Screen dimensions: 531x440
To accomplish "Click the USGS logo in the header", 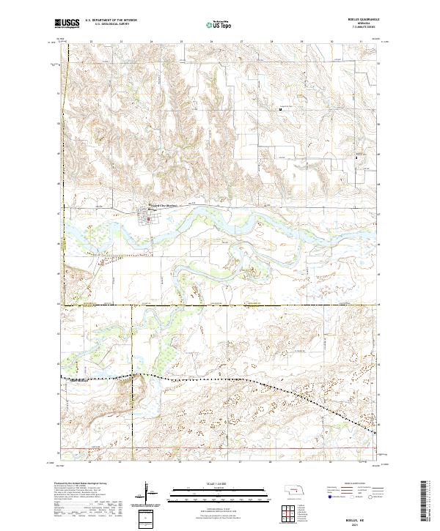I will [67, 24].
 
